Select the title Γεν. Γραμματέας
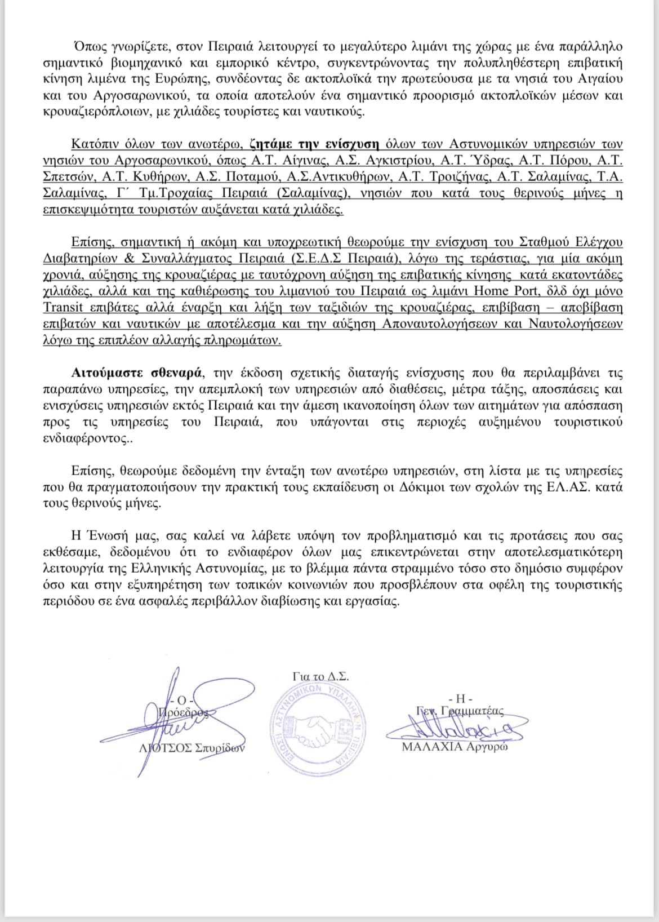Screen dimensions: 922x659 (x=460, y=711)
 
